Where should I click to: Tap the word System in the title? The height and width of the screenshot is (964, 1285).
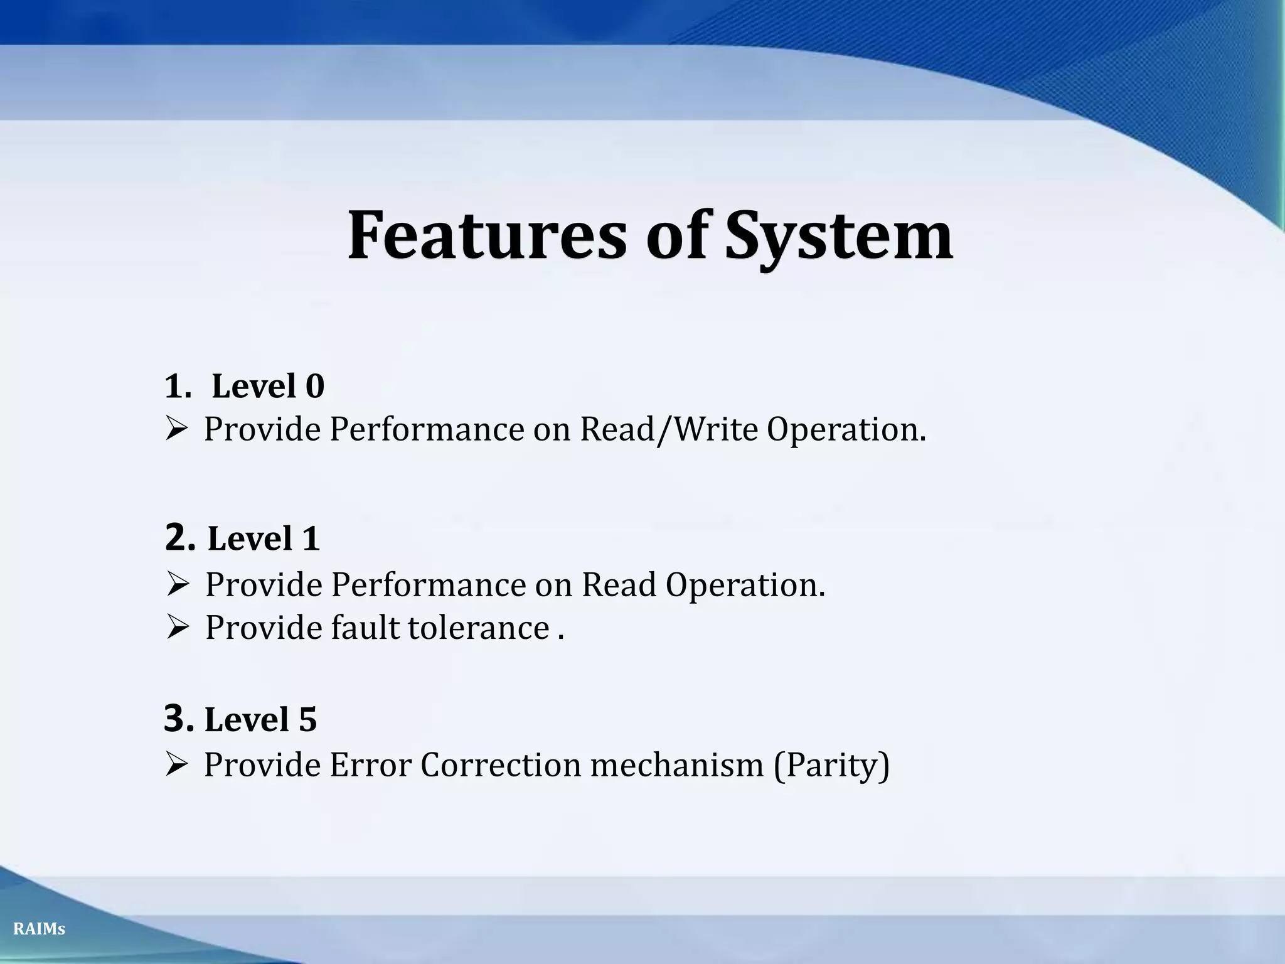click(x=839, y=237)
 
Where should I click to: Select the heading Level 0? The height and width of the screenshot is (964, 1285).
click(x=267, y=385)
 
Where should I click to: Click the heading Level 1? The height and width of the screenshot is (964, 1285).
click(x=264, y=538)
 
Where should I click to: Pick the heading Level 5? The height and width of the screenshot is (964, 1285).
click(x=260, y=719)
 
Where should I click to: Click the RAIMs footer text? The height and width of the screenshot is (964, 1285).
click(x=39, y=929)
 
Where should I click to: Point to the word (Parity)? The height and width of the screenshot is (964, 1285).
click(x=831, y=766)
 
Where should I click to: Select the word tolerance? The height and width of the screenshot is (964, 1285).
click(x=479, y=628)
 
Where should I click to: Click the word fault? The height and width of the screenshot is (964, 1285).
click(x=365, y=628)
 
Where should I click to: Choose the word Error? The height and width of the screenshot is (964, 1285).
click(x=370, y=765)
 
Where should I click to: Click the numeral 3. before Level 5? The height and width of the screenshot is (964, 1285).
click(x=179, y=718)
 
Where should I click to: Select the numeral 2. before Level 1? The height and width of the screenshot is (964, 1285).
click(x=180, y=537)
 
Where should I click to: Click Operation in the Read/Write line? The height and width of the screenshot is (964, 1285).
click(x=846, y=430)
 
